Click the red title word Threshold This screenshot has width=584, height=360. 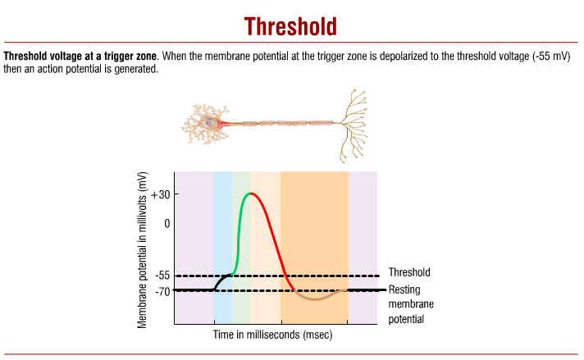(x=291, y=25)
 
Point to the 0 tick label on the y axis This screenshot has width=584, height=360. (x=166, y=223)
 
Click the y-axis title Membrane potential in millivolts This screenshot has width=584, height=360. (x=143, y=250)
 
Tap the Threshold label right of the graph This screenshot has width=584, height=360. (x=408, y=272)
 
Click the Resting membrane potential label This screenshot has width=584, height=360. (x=407, y=303)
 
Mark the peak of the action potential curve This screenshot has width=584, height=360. (x=253, y=194)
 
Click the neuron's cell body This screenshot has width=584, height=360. (x=211, y=123)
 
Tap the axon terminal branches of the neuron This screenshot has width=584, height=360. (x=354, y=123)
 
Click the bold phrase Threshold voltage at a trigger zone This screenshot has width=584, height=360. (x=81, y=57)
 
